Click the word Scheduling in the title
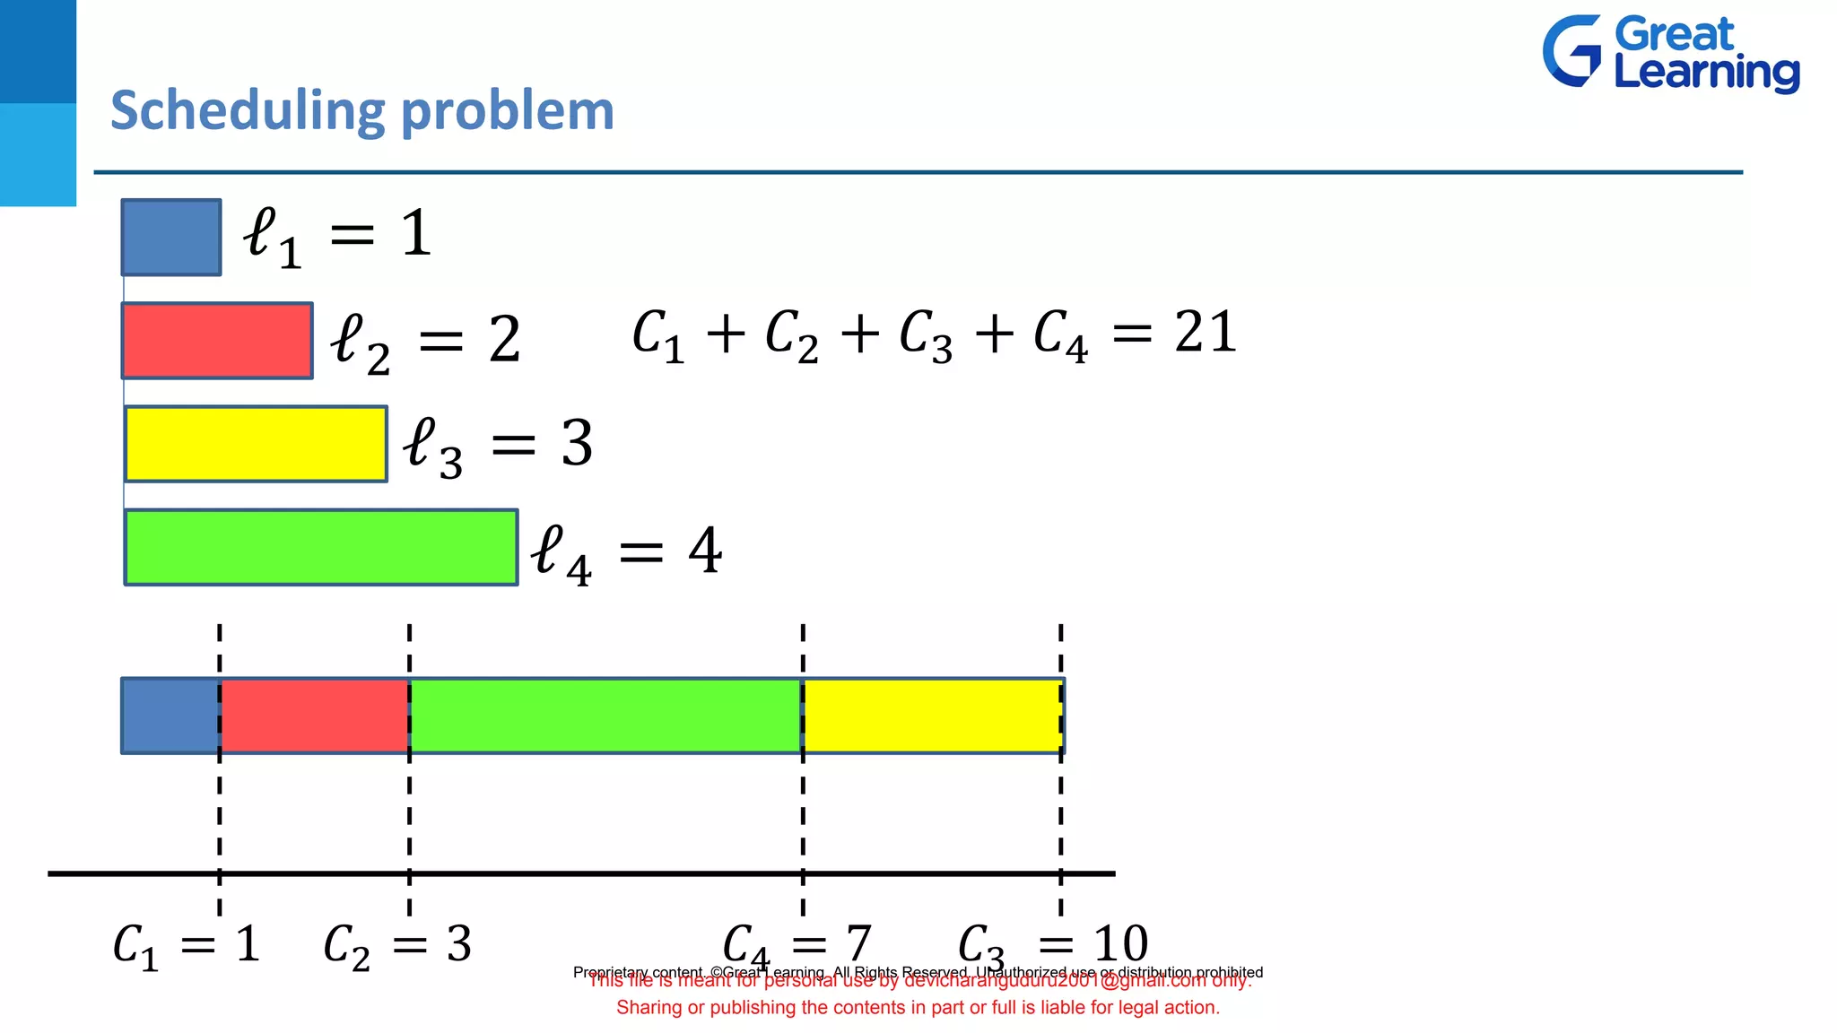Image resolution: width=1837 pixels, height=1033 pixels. click(x=248, y=111)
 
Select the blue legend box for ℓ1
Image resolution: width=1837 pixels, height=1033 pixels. click(x=171, y=238)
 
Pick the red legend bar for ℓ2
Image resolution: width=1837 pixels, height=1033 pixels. click(x=218, y=341)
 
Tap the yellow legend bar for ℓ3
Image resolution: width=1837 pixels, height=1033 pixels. click(x=257, y=444)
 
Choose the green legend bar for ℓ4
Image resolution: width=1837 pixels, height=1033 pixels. click(x=321, y=547)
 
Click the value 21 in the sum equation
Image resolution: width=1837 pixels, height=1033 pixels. click(x=1206, y=332)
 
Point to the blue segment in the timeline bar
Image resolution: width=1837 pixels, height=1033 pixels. click(x=171, y=716)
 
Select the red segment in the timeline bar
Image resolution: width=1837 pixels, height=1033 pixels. click(x=315, y=716)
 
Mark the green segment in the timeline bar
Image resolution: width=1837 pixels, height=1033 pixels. click(x=606, y=716)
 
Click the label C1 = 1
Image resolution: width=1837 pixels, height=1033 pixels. click(x=187, y=946)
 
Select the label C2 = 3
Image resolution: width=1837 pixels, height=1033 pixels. click(x=397, y=946)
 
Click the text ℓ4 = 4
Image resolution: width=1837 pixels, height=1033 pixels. click(x=626, y=551)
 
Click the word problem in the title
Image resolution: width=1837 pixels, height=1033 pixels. click(x=507, y=111)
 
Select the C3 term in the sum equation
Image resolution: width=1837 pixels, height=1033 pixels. click(x=925, y=335)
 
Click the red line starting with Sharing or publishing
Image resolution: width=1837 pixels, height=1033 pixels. click(x=918, y=1008)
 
